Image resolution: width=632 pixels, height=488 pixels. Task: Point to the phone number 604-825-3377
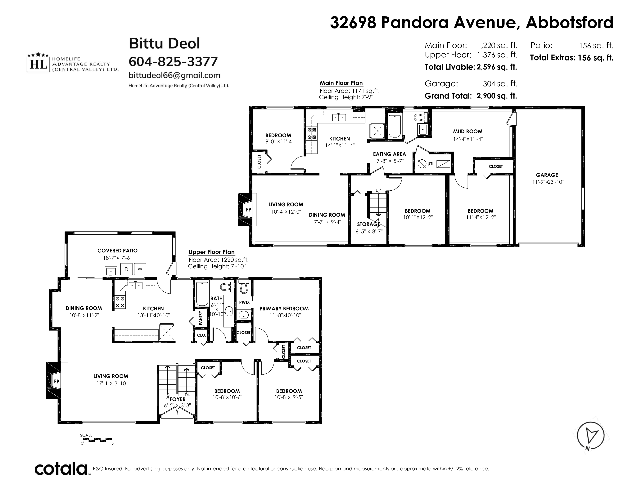point(173,61)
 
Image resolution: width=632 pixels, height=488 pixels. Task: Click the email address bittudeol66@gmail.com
point(174,75)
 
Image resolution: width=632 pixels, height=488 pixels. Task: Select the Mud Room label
point(468,131)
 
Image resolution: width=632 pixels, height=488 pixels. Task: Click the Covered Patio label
point(117,251)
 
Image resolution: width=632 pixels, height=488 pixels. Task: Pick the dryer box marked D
point(126,269)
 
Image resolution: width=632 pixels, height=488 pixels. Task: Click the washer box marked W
point(140,269)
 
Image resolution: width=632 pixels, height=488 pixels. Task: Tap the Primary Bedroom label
point(284,309)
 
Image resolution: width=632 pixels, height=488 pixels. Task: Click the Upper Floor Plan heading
point(212,252)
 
